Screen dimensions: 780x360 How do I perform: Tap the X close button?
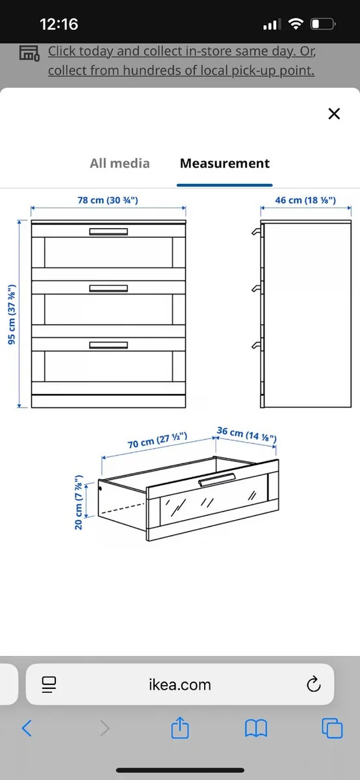click(334, 114)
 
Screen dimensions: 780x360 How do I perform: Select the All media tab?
click(120, 163)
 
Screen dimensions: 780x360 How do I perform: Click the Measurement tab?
click(224, 163)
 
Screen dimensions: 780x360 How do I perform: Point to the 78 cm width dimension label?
click(108, 200)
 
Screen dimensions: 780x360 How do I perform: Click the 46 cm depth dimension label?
click(305, 200)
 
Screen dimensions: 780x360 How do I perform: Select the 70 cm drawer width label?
click(158, 442)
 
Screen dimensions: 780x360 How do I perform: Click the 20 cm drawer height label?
click(79, 493)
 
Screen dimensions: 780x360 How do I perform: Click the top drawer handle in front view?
click(109, 232)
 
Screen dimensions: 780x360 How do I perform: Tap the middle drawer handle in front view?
click(109, 288)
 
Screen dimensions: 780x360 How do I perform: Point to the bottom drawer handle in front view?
click(109, 344)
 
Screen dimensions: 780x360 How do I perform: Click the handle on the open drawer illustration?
click(217, 479)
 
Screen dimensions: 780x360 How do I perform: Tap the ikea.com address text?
click(179, 684)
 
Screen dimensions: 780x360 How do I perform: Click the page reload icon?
click(313, 684)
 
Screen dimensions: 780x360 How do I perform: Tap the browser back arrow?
click(27, 728)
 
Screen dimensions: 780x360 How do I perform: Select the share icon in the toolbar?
click(179, 728)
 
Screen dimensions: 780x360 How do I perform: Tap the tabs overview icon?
click(332, 728)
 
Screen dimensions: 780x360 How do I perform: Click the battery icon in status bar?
click(323, 25)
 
